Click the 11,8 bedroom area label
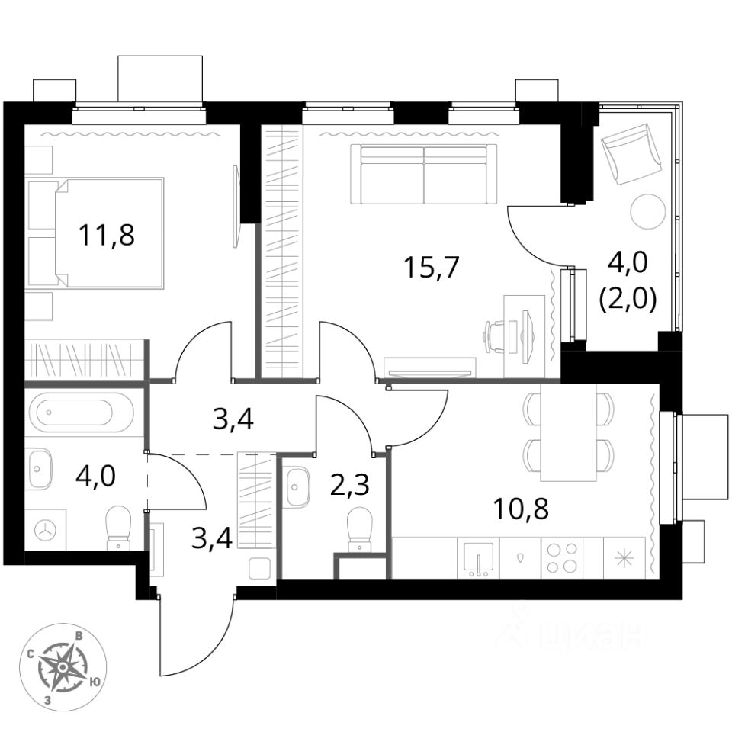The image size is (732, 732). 107,234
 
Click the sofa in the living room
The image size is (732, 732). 423,174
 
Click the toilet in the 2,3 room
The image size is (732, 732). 358,528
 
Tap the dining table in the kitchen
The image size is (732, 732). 567,433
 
